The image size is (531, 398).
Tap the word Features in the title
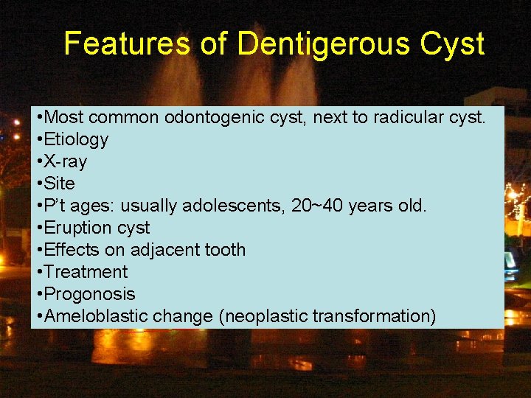[131, 44]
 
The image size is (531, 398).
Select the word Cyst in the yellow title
[452, 44]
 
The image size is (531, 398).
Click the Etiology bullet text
[76, 139]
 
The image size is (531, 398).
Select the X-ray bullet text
[66, 161]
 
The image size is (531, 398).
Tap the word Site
[60, 184]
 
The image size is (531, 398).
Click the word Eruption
[76, 228]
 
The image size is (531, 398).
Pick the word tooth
[226, 250]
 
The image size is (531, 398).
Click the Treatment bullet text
[86, 272]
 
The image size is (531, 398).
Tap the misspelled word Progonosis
[90, 294]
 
